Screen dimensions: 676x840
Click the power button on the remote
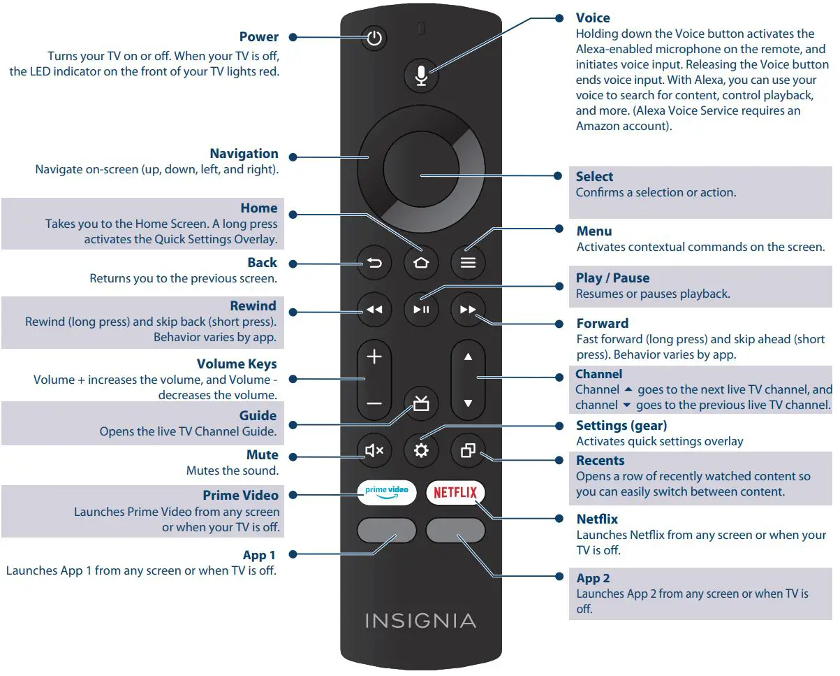click(375, 38)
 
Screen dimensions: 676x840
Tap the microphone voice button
click(421, 75)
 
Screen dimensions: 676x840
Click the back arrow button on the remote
click(374, 263)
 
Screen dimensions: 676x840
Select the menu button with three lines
click(468, 263)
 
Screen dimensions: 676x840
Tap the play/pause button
click(421, 310)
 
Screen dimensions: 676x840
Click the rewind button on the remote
click(374, 310)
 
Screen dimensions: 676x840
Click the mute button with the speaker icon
click(374, 451)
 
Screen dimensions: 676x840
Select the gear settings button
click(421, 451)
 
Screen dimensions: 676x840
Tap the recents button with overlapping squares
click(468, 451)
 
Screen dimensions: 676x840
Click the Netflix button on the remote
click(455, 492)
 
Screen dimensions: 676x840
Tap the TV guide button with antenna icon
click(421, 404)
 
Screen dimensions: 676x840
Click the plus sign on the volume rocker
click(374, 357)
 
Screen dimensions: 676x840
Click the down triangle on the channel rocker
click(468, 403)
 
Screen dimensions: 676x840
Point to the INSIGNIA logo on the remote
click(420, 621)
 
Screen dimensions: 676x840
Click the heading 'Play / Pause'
click(612, 278)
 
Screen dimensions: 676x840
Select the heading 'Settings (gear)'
click(621, 426)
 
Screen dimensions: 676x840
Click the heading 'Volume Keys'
click(237, 364)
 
